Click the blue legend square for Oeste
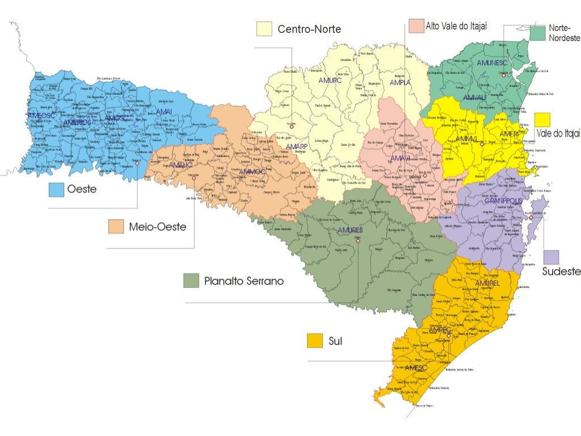[x=56, y=190]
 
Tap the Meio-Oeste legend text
[x=157, y=227]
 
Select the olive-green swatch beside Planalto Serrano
[x=191, y=280]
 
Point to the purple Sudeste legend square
[x=551, y=257]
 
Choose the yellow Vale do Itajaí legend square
[x=542, y=120]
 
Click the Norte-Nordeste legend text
[x=564, y=33]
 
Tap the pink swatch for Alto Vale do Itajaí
[x=416, y=27]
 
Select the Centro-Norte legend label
[x=309, y=29]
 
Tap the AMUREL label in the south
[x=487, y=283]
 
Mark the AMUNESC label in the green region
[x=491, y=62]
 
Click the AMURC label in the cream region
[x=330, y=81]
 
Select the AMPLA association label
[x=400, y=82]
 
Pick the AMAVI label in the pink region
[x=400, y=157]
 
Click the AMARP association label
[x=296, y=146]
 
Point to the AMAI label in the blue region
[x=163, y=112]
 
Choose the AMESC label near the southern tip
[x=416, y=368]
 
